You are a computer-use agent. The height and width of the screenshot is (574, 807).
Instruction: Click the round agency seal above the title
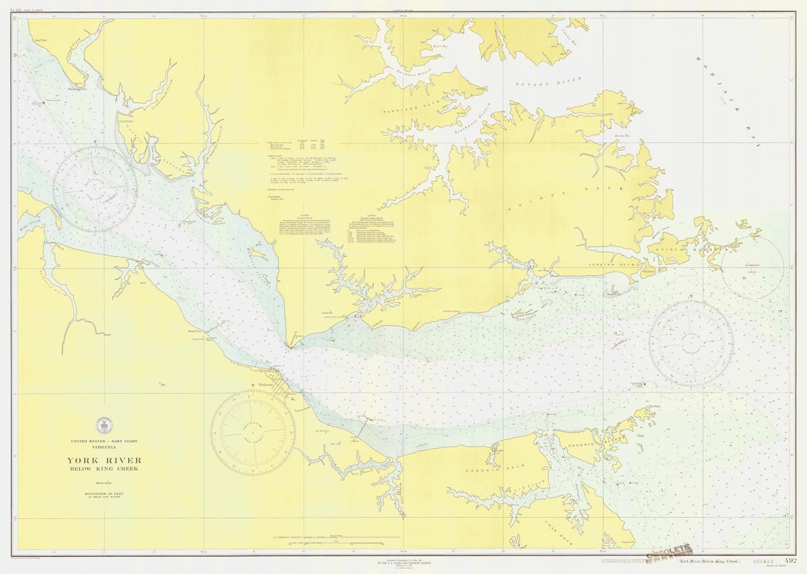click(103, 425)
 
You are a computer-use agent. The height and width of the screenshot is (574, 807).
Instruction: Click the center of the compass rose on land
click(252, 432)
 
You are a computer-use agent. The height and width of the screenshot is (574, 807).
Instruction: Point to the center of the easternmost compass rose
click(690, 344)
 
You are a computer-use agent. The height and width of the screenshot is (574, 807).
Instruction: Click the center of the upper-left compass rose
click(95, 189)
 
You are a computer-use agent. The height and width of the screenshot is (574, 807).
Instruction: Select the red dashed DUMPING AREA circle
click(752, 267)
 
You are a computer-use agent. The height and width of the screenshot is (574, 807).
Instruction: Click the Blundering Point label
click(76, 89)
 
